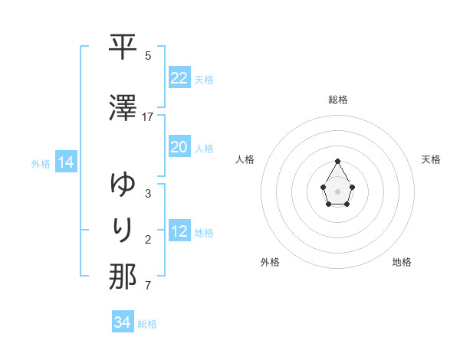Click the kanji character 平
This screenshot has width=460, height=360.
123,47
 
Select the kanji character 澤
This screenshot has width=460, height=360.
123,109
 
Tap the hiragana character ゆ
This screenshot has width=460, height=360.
123,185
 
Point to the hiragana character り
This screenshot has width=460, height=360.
123,229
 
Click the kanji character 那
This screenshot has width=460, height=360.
123,277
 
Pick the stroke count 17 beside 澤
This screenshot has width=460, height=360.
148,117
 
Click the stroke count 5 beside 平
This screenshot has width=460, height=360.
148,55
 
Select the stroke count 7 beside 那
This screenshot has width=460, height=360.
148,286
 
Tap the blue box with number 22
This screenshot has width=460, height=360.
179,77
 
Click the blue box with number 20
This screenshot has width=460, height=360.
179,147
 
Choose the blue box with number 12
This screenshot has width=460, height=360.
179,232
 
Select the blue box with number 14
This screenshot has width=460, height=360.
65,162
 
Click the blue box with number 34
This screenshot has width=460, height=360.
122,322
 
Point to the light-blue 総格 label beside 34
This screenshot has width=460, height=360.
147,324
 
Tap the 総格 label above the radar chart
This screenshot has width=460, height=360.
338,100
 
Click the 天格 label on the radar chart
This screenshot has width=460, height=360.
432,159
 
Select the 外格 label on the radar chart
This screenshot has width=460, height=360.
270,262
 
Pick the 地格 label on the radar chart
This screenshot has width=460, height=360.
402,262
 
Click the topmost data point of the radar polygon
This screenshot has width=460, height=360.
338,161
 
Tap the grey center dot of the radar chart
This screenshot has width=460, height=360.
338,190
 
